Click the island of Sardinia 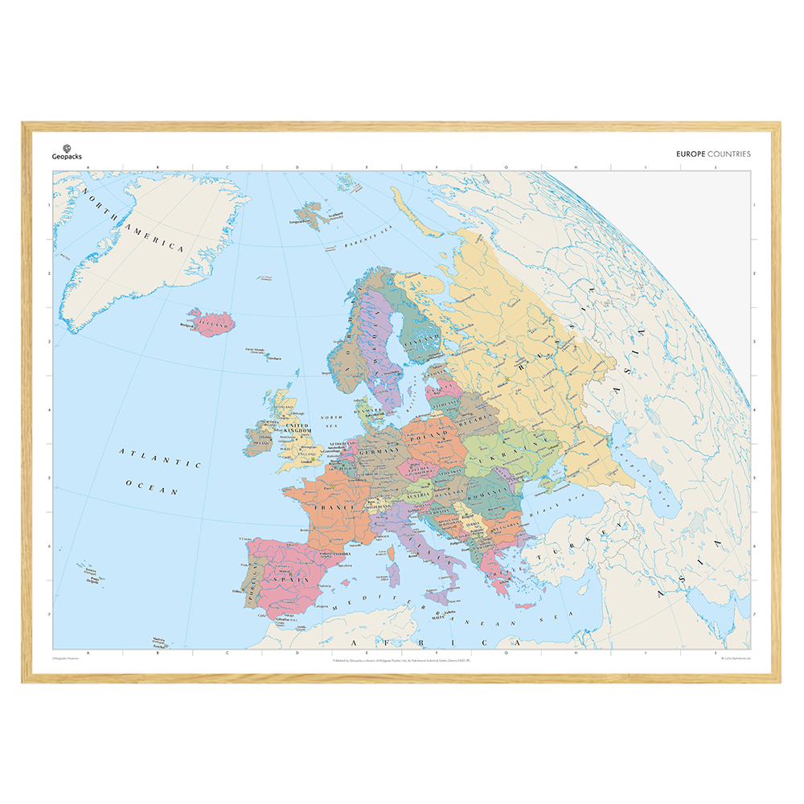click(x=394, y=572)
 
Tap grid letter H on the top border click(x=576, y=168)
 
